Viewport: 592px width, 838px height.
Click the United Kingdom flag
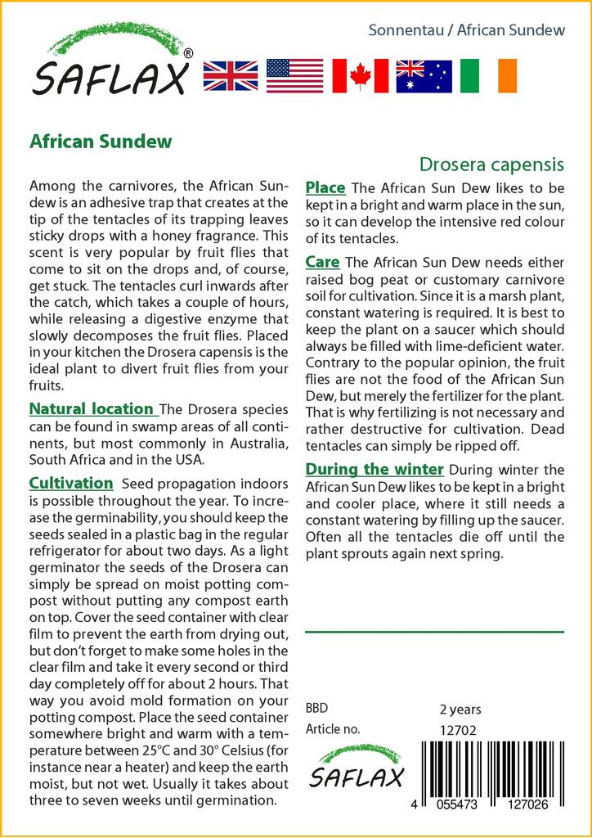pyautogui.click(x=230, y=75)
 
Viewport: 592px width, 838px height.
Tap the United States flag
pyautogui.click(x=294, y=75)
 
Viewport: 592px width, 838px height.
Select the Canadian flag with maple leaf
pyautogui.click(x=360, y=75)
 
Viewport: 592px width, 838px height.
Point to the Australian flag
pyautogui.click(x=424, y=75)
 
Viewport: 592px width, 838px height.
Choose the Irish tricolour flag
pyautogui.click(x=488, y=75)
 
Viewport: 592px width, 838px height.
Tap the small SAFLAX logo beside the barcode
pyautogui.click(x=356, y=768)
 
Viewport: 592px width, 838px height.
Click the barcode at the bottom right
pyautogui.click(x=491, y=773)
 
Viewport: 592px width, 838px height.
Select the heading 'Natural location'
pyautogui.click(x=92, y=408)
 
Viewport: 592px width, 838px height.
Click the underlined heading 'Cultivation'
pyautogui.click(x=71, y=483)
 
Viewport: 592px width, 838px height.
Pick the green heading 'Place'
pyautogui.click(x=325, y=188)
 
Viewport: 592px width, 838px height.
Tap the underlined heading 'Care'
pyautogui.click(x=322, y=262)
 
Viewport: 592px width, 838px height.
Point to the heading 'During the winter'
pyautogui.click(x=374, y=469)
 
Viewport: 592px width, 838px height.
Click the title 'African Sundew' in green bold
pyautogui.click(x=101, y=141)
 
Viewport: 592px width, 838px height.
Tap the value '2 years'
pyautogui.click(x=460, y=710)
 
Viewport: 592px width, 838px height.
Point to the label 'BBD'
pyautogui.click(x=317, y=708)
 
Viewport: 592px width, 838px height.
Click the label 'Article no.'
pyautogui.click(x=332, y=729)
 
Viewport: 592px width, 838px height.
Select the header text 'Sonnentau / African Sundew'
pyautogui.click(x=467, y=30)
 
